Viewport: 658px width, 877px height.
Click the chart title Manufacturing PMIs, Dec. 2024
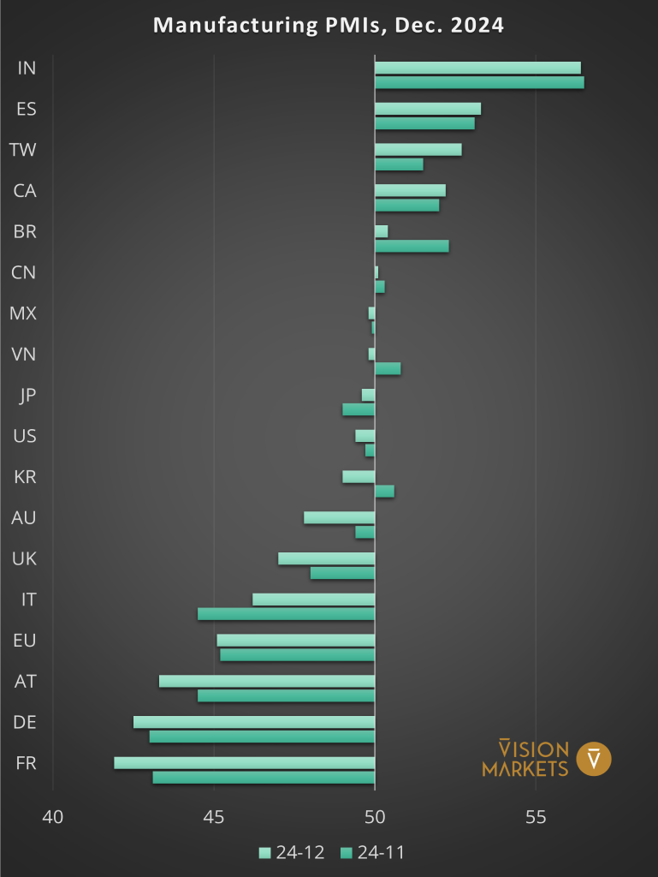point(329,26)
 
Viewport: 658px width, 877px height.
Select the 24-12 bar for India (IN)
point(477,68)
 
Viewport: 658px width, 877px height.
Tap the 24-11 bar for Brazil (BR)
point(412,247)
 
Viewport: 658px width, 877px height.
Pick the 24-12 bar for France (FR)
point(245,763)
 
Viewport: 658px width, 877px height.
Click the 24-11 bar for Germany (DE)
point(262,737)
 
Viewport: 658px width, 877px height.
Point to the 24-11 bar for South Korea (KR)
point(384,492)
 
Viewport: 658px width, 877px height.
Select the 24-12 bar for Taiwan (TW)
point(418,150)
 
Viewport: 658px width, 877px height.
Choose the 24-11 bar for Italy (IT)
point(286,614)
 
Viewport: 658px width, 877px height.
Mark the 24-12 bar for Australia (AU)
point(339,517)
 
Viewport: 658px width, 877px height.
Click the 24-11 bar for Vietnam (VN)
point(388,369)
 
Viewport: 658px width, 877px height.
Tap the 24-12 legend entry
point(290,852)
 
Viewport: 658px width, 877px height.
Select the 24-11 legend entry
point(372,852)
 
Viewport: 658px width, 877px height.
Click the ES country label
point(27,109)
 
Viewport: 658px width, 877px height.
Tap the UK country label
point(25,558)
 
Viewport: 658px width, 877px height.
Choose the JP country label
point(27,395)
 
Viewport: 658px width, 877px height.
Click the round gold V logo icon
point(594,759)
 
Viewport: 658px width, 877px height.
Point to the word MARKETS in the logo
point(525,768)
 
